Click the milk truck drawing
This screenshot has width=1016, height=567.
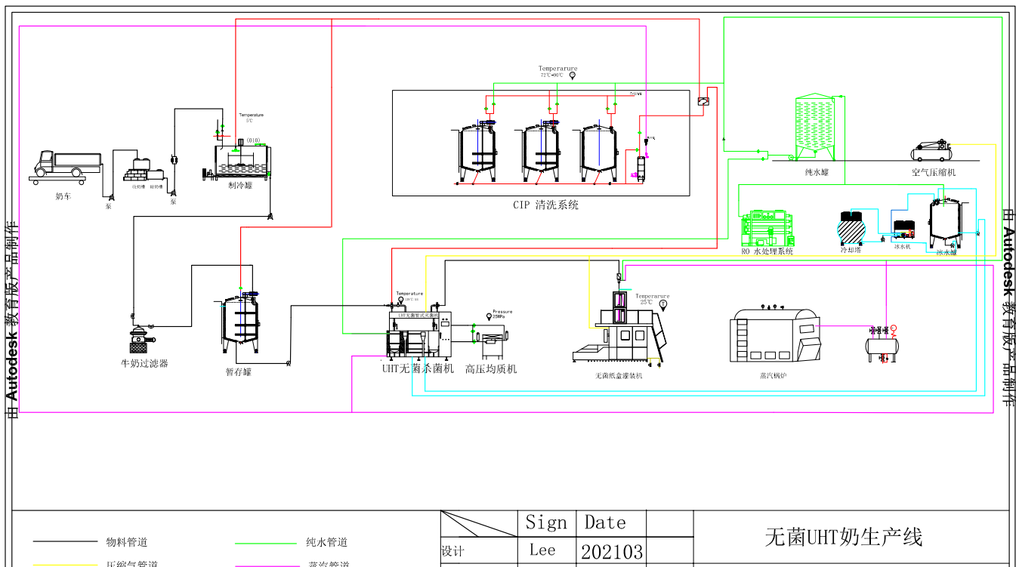pos(68,166)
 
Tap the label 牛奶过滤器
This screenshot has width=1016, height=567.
pos(144,363)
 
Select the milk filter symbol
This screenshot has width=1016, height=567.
pos(140,339)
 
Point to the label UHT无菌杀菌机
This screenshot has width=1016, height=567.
pos(418,369)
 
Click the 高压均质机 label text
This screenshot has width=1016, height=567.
pos(491,369)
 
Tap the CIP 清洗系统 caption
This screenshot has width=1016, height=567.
pos(545,205)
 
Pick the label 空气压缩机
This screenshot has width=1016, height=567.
pos(934,173)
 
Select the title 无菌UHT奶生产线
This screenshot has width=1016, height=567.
pos(844,538)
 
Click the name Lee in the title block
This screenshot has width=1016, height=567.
pos(542,550)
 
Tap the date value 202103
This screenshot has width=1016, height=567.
pos(612,551)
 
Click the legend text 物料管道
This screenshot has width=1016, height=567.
pos(127,542)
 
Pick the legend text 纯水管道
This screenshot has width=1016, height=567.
pos(327,542)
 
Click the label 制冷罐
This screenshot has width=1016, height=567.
pos(239,184)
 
